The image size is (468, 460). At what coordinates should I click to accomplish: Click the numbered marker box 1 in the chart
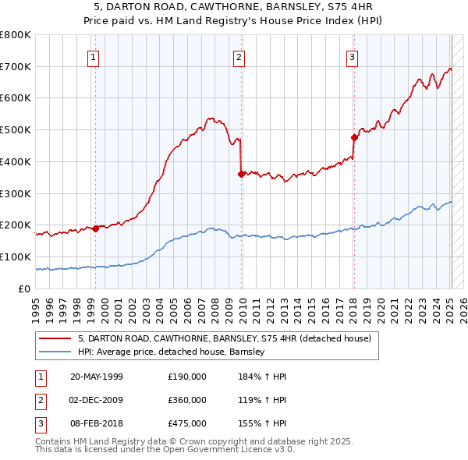[x=93, y=56]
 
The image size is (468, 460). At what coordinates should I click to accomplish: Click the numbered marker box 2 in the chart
[x=239, y=56]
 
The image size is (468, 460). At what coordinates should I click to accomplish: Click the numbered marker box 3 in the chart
[x=352, y=56]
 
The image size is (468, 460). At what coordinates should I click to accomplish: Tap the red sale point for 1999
[x=95, y=228]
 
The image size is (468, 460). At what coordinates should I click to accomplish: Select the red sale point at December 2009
[x=242, y=175]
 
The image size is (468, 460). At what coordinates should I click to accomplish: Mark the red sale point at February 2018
[x=354, y=138]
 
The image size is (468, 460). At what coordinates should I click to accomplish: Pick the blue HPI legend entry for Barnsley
[x=172, y=352]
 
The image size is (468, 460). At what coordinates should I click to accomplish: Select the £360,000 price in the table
[x=187, y=400]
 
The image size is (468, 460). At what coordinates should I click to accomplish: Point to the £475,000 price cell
[x=187, y=423]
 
